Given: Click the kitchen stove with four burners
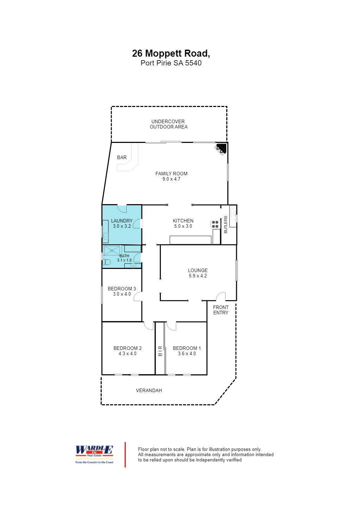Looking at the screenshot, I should coord(215,224).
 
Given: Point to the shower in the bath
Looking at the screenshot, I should coord(112,250).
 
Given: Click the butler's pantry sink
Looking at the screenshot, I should coord(233,213).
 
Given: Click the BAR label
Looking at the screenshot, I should coord(122,157).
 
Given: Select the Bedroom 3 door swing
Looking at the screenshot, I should coord(138,298).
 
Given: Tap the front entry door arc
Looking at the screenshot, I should coord(220,297).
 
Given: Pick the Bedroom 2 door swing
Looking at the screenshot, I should coord(149,326).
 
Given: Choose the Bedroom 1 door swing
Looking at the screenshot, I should coord(171,326).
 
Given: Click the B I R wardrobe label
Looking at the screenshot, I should coord(160,351).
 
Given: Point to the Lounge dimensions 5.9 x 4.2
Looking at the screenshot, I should coord(198,276).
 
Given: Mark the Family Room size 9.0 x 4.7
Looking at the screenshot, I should coord(171,179).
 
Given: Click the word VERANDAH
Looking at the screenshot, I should coord(149,390).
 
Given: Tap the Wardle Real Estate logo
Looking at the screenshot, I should coord(94,454).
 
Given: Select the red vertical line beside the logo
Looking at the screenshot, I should coord(125,455).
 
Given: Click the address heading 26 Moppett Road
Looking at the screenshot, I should coord(171,53).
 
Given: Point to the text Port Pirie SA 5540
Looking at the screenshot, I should coord(171,63).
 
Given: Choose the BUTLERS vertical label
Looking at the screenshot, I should coord(226,225).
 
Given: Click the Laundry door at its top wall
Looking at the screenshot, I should coord(122,209).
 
